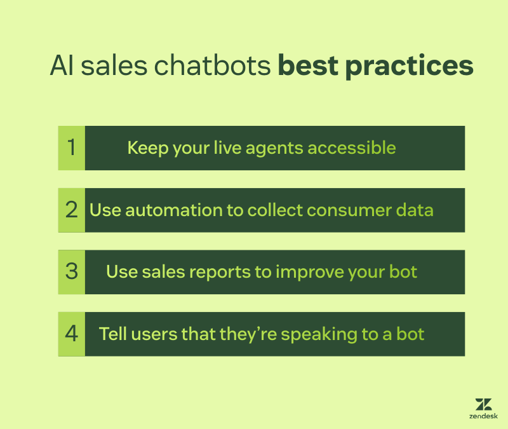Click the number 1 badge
coord(71,148)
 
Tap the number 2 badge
coord(71,210)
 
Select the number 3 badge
coord(71,272)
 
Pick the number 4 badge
coord(71,334)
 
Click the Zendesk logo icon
coord(483,405)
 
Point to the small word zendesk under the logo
coord(483,417)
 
